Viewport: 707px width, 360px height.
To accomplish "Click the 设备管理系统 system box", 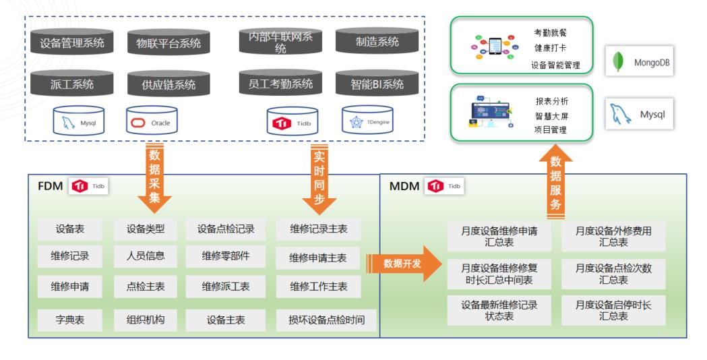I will [x=72, y=44].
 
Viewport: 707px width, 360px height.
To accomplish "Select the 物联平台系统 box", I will [x=164, y=44].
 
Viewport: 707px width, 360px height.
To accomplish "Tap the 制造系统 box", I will [x=377, y=42].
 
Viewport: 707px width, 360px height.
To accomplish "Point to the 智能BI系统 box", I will [x=377, y=84].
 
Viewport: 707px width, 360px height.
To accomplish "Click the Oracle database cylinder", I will [x=152, y=122].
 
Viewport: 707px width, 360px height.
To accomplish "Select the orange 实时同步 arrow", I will [x=319, y=177].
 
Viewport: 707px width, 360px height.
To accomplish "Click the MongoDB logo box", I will [x=641, y=63].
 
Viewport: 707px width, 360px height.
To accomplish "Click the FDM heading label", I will [x=52, y=186].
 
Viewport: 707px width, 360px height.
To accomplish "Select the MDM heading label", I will [x=404, y=187].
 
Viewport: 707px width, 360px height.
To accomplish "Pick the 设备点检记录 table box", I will [x=226, y=229].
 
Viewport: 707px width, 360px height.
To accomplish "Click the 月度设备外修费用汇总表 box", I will [x=613, y=236].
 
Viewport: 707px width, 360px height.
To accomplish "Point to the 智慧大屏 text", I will [x=551, y=115].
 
